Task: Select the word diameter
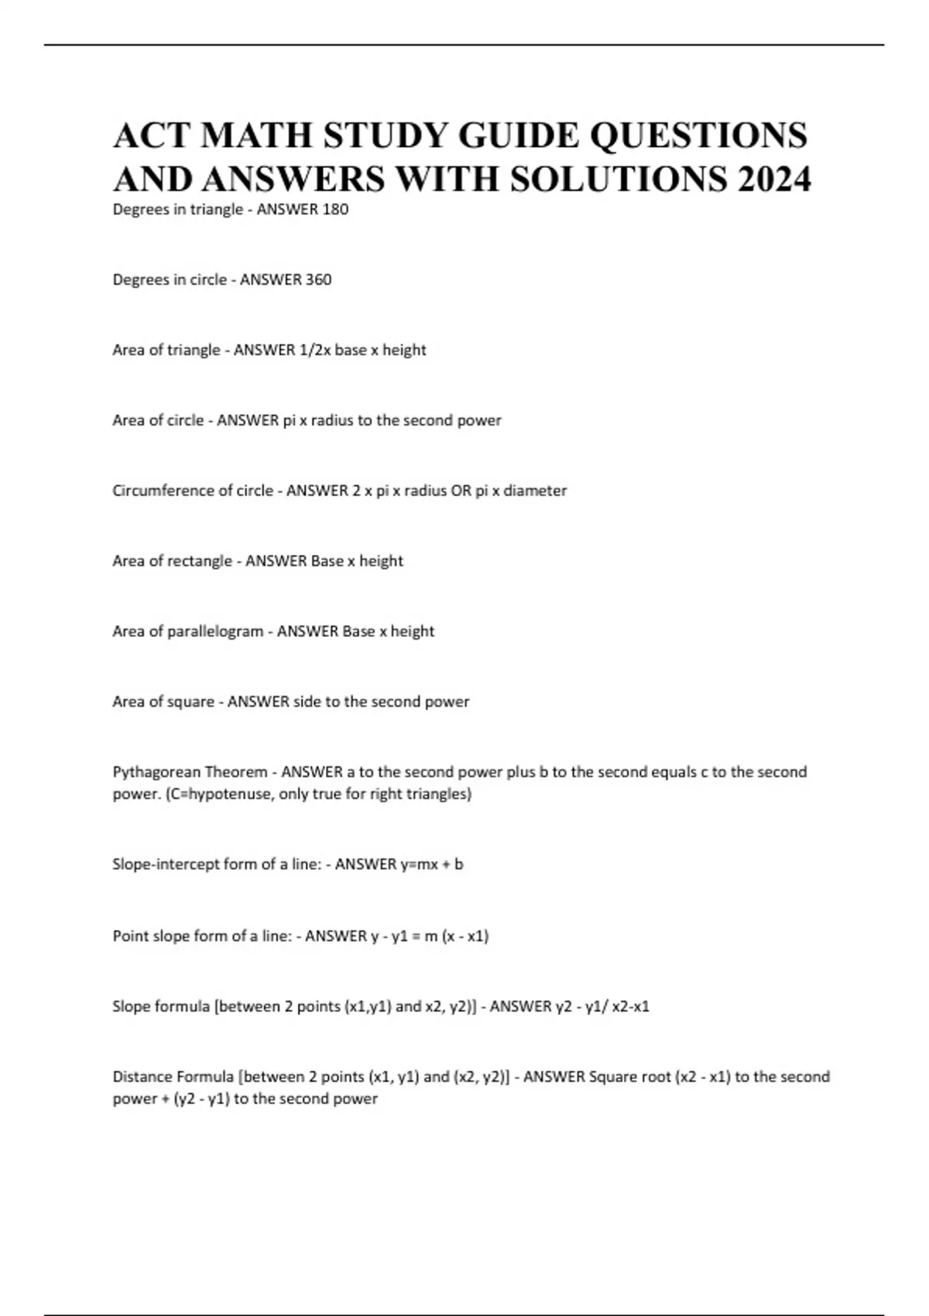[x=535, y=491]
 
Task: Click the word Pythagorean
[x=156, y=772]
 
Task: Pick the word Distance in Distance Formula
[x=143, y=1077]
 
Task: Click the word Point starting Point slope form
[x=130, y=936]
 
